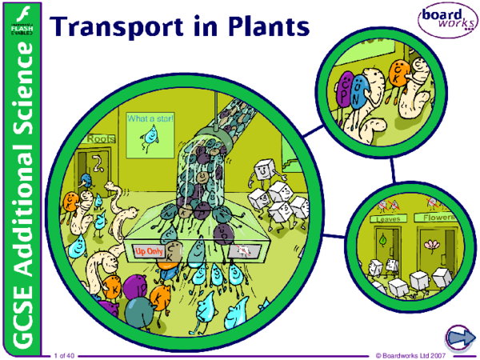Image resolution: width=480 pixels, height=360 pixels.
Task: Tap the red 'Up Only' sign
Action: [147, 251]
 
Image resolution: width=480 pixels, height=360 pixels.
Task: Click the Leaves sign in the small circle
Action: [388, 218]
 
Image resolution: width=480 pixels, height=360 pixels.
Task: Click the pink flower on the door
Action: [434, 242]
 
